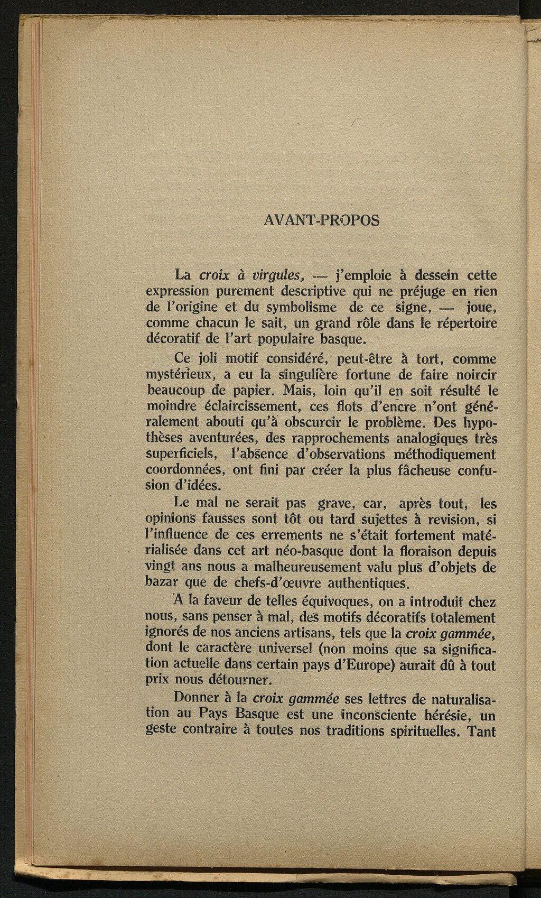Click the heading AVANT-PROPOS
pos(321,220)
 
